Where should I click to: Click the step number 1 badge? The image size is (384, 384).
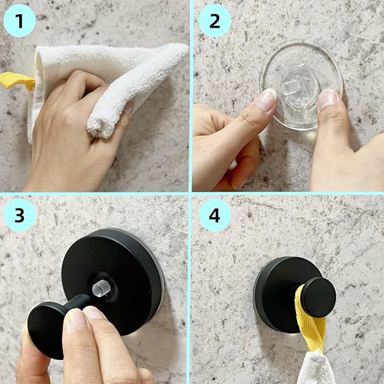19,21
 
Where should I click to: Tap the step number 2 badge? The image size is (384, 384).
215,21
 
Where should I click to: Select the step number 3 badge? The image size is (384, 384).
20,215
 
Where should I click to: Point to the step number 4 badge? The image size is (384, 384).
215,215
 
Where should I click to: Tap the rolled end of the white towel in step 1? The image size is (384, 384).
98,127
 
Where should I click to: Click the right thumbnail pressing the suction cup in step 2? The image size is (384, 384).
328,98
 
